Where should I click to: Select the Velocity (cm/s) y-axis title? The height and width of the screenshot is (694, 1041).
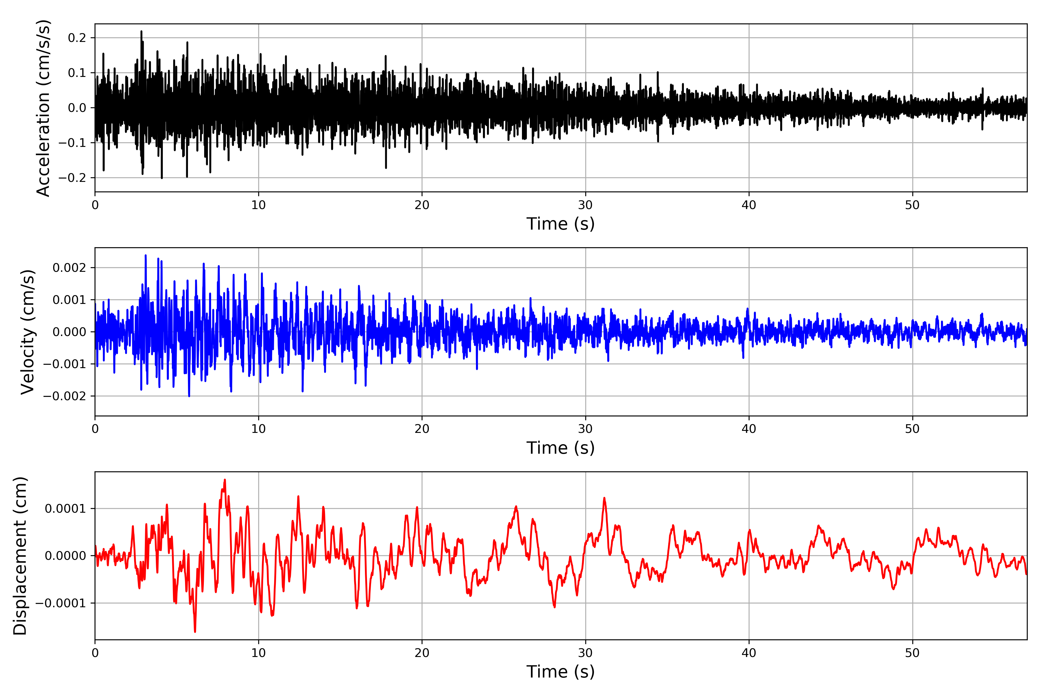pyautogui.click(x=27, y=332)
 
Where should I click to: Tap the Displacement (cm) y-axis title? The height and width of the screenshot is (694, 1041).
pyautogui.click(x=20, y=556)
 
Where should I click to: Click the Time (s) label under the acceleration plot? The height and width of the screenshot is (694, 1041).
pyautogui.click(x=560, y=224)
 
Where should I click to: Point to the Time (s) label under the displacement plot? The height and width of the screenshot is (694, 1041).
pyautogui.click(x=560, y=672)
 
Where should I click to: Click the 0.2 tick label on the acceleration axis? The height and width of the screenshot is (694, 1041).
pyautogui.click(x=77, y=38)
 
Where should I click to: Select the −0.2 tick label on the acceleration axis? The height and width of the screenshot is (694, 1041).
pyautogui.click(x=72, y=178)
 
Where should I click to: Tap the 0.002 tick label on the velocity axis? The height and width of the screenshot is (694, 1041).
pyautogui.click(x=69, y=268)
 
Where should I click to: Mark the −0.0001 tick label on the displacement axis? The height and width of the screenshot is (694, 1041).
pyautogui.click(x=61, y=603)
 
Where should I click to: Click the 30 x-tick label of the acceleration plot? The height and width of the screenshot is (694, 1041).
pyautogui.click(x=585, y=205)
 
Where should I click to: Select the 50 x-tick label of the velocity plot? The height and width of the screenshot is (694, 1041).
pyautogui.click(x=912, y=429)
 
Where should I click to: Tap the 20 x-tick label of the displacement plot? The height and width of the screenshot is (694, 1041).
pyautogui.click(x=422, y=653)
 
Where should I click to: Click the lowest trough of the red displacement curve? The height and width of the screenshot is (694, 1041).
pyautogui.click(x=195, y=632)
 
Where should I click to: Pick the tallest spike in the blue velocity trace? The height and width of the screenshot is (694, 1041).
pyautogui.click(x=146, y=255)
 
